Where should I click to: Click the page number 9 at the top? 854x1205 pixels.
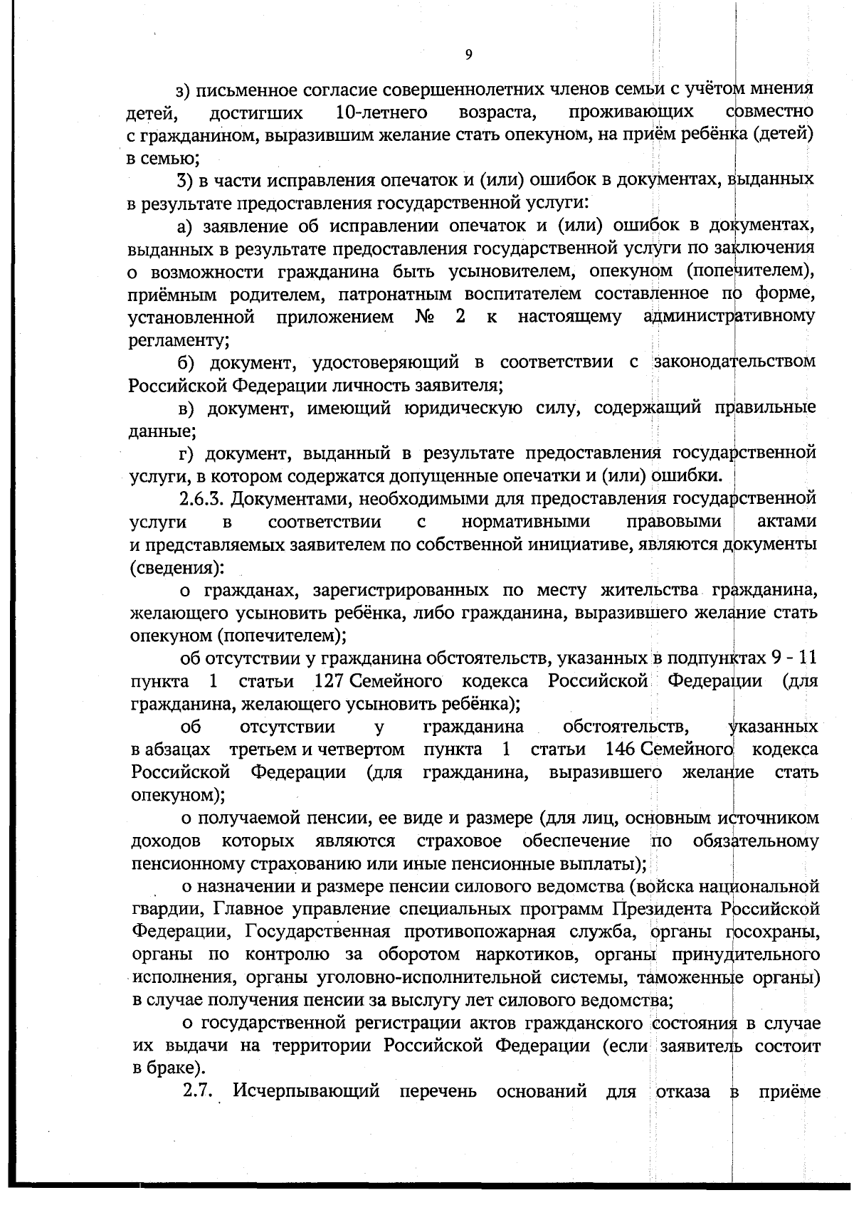tap(468, 55)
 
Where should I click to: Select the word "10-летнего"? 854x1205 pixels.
tap(380, 112)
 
